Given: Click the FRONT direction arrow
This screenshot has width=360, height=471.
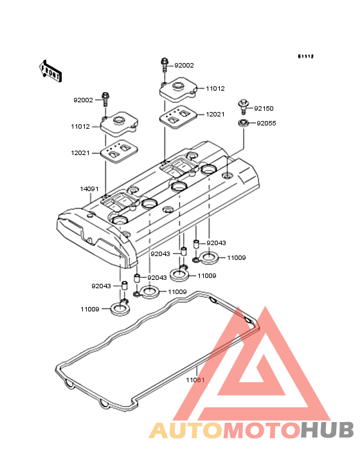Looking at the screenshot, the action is tap(50, 71).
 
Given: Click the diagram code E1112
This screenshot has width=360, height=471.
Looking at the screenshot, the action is tap(306, 56).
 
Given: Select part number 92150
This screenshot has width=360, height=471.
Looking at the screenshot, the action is tap(264, 109).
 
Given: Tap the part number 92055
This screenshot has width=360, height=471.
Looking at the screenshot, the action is tap(266, 123).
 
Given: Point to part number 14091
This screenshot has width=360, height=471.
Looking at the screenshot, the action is tap(89, 189).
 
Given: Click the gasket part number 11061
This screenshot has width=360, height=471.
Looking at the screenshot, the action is tap(195, 380).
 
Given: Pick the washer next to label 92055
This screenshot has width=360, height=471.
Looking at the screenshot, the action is tap(243, 123).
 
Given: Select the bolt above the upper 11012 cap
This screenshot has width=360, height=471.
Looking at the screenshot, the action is tap(164, 65).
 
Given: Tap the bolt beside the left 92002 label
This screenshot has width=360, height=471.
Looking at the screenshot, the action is tap(105, 100).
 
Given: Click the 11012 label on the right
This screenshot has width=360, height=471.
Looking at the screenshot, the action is tap(215, 89).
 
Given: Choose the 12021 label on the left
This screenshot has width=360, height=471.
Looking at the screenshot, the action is tap(80, 153).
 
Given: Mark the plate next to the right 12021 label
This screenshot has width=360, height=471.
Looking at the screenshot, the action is tap(178, 117).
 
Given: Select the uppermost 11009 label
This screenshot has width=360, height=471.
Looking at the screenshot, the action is tap(237, 258).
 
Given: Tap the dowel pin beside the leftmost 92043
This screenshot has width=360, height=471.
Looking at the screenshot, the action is tap(124, 285).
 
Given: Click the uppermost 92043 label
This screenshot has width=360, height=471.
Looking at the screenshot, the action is tap(216, 243).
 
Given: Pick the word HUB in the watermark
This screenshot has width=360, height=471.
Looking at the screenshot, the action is tap(328, 430).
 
